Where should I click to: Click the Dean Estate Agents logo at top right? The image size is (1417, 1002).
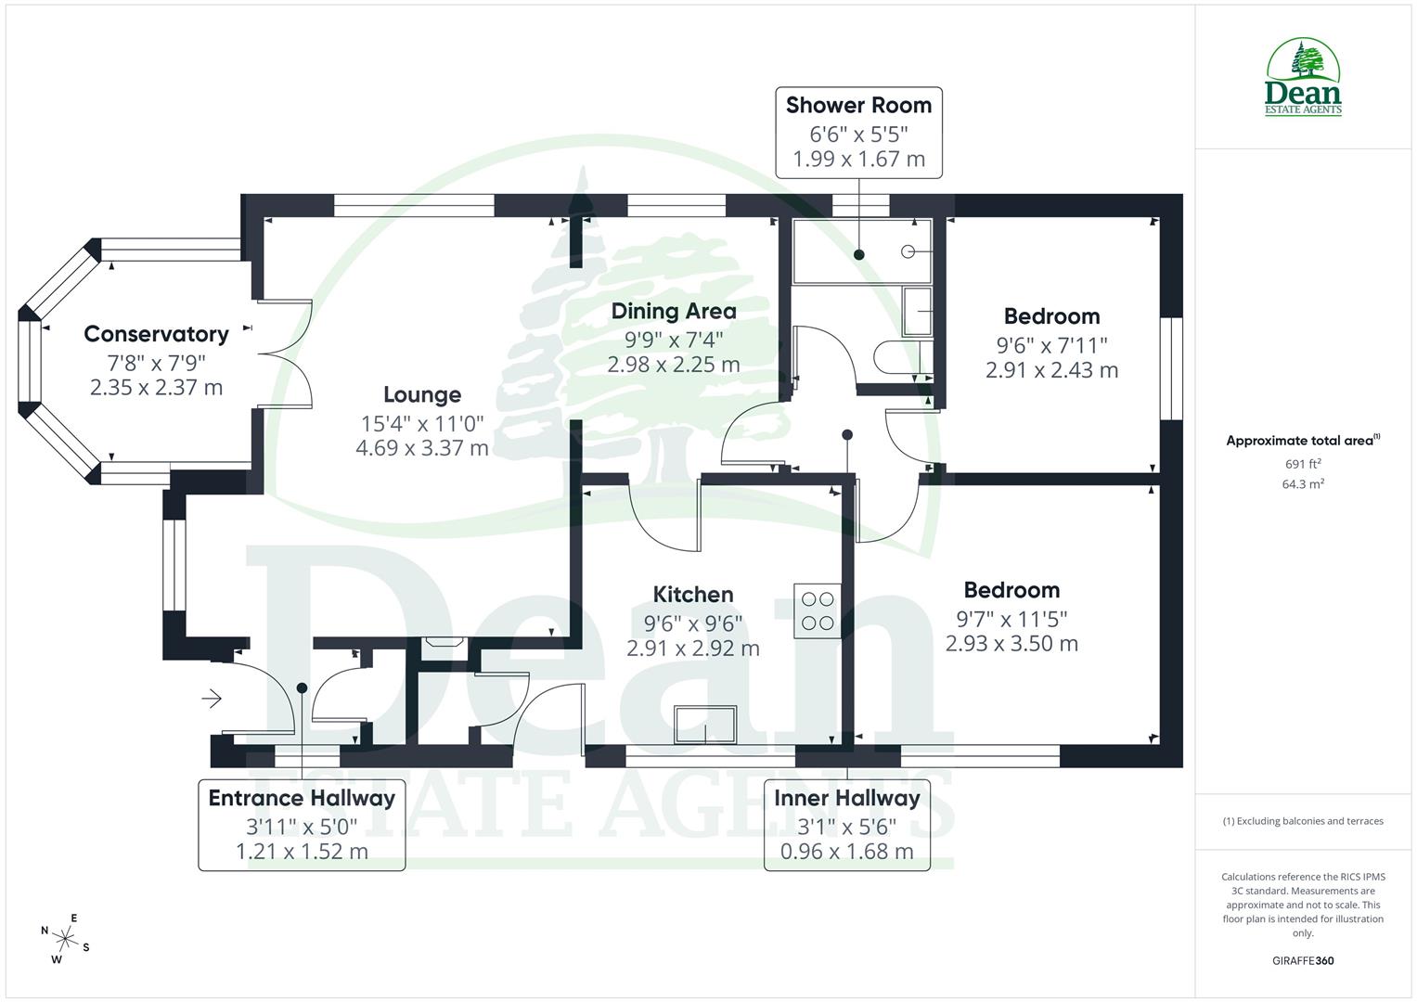pos(1304,77)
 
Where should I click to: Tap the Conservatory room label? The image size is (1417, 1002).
pos(156,334)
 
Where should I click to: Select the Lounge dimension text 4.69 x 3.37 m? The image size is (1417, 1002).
pos(421,449)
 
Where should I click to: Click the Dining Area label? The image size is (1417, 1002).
pos(673,312)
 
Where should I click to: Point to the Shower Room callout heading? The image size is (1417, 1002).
pos(858,106)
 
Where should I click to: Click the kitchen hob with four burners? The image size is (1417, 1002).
pos(817,610)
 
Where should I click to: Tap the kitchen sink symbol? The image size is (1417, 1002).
pos(705,725)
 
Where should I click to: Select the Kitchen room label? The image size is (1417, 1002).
pos(692,595)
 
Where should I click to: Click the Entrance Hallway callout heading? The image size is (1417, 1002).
pos(302,798)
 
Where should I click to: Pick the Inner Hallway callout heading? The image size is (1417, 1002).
pos(846,798)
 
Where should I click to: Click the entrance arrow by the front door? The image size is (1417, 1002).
pos(213,698)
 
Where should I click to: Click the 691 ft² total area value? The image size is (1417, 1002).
pos(1303,464)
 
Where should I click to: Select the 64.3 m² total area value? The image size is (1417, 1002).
pos(1303,484)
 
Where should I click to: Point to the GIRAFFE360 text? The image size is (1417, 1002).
pos(1303,960)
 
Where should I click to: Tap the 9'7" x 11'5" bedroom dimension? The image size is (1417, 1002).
pos(1011,618)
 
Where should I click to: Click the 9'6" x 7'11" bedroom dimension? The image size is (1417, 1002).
pos(1051,345)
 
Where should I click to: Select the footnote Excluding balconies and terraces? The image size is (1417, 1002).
pos(1303,821)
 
